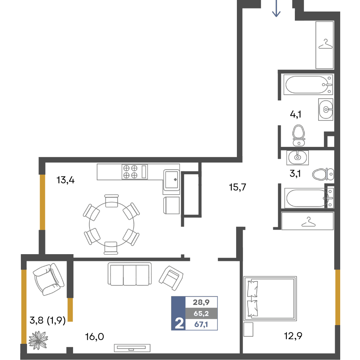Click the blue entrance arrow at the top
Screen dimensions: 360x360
click(276, 8)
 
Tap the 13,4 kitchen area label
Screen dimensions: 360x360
click(66, 180)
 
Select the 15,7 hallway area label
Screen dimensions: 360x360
click(237, 187)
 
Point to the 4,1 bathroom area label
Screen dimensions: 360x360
click(296, 114)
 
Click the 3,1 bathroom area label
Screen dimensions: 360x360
click(295, 174)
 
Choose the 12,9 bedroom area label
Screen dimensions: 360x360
click(293, 336)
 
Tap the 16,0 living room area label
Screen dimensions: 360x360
click(94, 337)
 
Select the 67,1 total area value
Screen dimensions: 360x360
click(201, 324)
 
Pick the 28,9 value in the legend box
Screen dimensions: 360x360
click(201, 302)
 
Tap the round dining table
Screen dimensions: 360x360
click(111, 224)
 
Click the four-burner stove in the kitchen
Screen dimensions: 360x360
click(135, 172)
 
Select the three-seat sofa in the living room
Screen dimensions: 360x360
click(130, 274)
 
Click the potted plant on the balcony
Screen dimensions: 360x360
click(38, 340)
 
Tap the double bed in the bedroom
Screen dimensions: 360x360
click(270, 298)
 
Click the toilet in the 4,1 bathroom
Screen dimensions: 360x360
click(299, 135)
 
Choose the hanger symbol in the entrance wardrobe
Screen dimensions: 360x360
click(325, 44)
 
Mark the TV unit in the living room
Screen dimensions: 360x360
click(132, 348)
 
